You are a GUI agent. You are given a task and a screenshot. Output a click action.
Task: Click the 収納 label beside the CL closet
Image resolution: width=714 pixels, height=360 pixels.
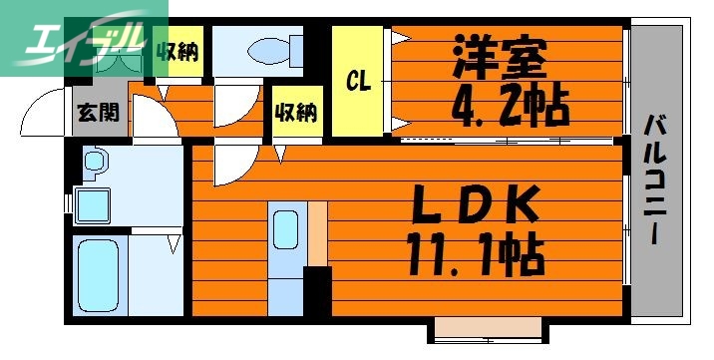coord(296,112)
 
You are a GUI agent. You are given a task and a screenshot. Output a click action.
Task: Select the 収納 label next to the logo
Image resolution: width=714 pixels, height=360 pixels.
coord(180,51)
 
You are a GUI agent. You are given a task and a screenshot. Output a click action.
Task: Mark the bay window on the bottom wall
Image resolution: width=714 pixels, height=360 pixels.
coord(488,330)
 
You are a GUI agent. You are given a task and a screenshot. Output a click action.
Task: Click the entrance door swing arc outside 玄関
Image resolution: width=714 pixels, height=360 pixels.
coord(44,112)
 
